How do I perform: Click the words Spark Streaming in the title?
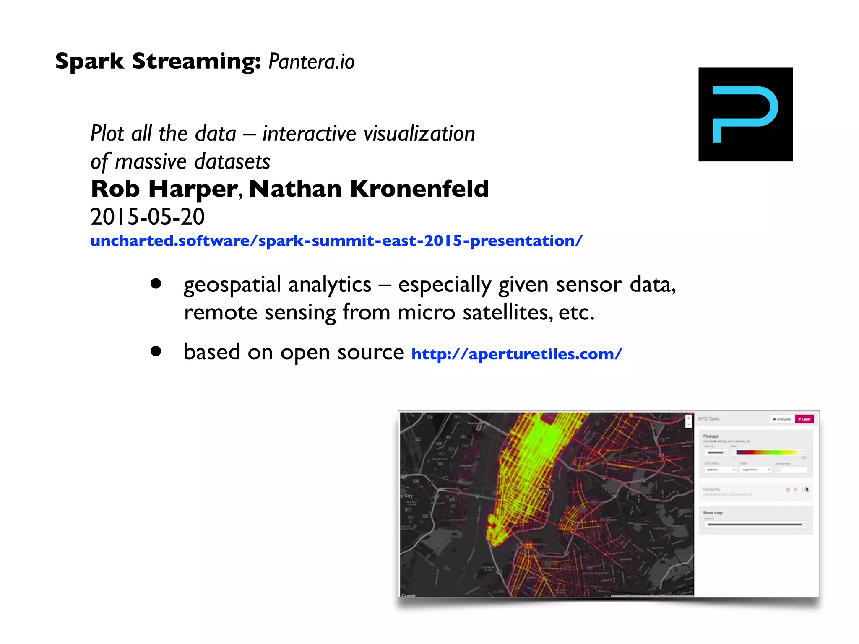click(158, 61)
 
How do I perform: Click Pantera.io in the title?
click(311, 62)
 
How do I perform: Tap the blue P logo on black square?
click(745, 114)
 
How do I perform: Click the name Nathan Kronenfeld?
click(369, 189)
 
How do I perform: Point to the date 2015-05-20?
click(148, 217)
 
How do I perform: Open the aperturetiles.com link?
click(516, 354)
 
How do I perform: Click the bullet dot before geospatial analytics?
click(156, 284)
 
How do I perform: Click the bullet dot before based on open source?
click(156, 351)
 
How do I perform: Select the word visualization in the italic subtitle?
click(419, 134)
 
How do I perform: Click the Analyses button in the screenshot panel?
click(781, 419)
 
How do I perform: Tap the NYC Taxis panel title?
click(708, 419)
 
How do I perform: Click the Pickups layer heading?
click(711, 436)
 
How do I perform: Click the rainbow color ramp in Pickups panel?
click(770, 452)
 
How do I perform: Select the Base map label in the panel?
click(713, 513)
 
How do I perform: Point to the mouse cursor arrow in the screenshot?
click(807, 489)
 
